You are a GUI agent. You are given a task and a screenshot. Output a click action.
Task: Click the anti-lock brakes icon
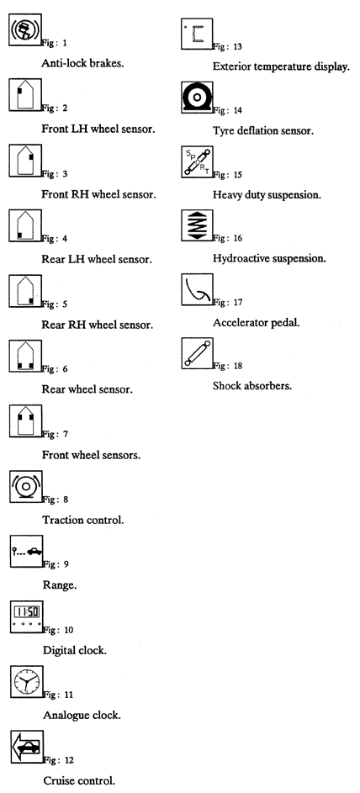pyautogui.click(x=25, y=29)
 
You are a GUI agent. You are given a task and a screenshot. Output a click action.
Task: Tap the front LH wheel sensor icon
pyautogui.click(x=25, y=94)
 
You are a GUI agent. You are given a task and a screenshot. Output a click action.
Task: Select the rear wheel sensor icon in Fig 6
pyautogui.click(x=25, y=356)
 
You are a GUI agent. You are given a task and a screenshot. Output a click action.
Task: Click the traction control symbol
pyautogui.click(x=26, y=487)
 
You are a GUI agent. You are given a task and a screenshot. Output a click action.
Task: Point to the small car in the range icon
pyautogui.click(x=34, y=552)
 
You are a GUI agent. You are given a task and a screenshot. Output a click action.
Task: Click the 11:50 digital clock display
pyautogui.click(x=26, y=611)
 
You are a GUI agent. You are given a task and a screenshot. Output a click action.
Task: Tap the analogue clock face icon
pyautogui.click(x=26, y=682)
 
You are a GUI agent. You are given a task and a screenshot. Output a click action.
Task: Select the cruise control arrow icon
pyautogui.click(x=27, y=747)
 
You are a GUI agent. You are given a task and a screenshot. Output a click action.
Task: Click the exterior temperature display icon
pyautogui.click(x=197, y=34)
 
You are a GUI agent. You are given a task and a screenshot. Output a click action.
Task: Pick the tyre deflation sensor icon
pyautogui.click(x=197, y=98)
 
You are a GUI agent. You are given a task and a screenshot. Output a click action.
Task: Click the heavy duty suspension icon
pyautogui.click(x=197, y=161)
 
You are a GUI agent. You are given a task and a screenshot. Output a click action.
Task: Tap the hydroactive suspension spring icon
pyautogui.click(x=197, y=225)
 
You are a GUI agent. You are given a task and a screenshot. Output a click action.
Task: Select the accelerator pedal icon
pyautogui.click(x=197, y=290)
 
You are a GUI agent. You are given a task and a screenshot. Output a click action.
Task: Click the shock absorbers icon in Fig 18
pyautogui.click(x=197, y=353)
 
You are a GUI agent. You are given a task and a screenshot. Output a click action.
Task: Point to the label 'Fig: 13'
pyautogui.click(x=228, y=46)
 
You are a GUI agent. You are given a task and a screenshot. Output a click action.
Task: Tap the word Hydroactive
pyautogui.click(x=241, y=258)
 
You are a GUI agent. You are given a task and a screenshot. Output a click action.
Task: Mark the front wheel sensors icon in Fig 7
pyautogui.click(x=25, y=420)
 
